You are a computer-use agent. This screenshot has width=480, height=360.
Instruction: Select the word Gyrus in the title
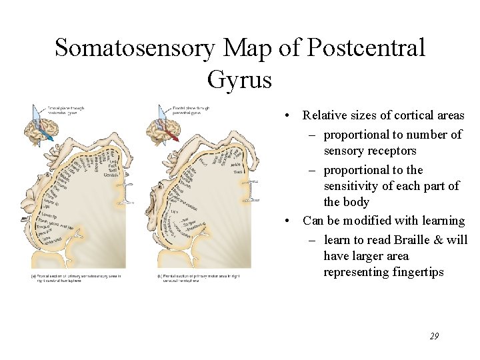click(x=239, y=79)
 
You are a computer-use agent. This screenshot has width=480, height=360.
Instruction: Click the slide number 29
click(x=434, y=337)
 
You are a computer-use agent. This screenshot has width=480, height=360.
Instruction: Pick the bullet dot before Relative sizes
click(x=286, y=116)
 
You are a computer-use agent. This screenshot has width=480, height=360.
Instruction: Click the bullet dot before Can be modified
click(x=286, y=221)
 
